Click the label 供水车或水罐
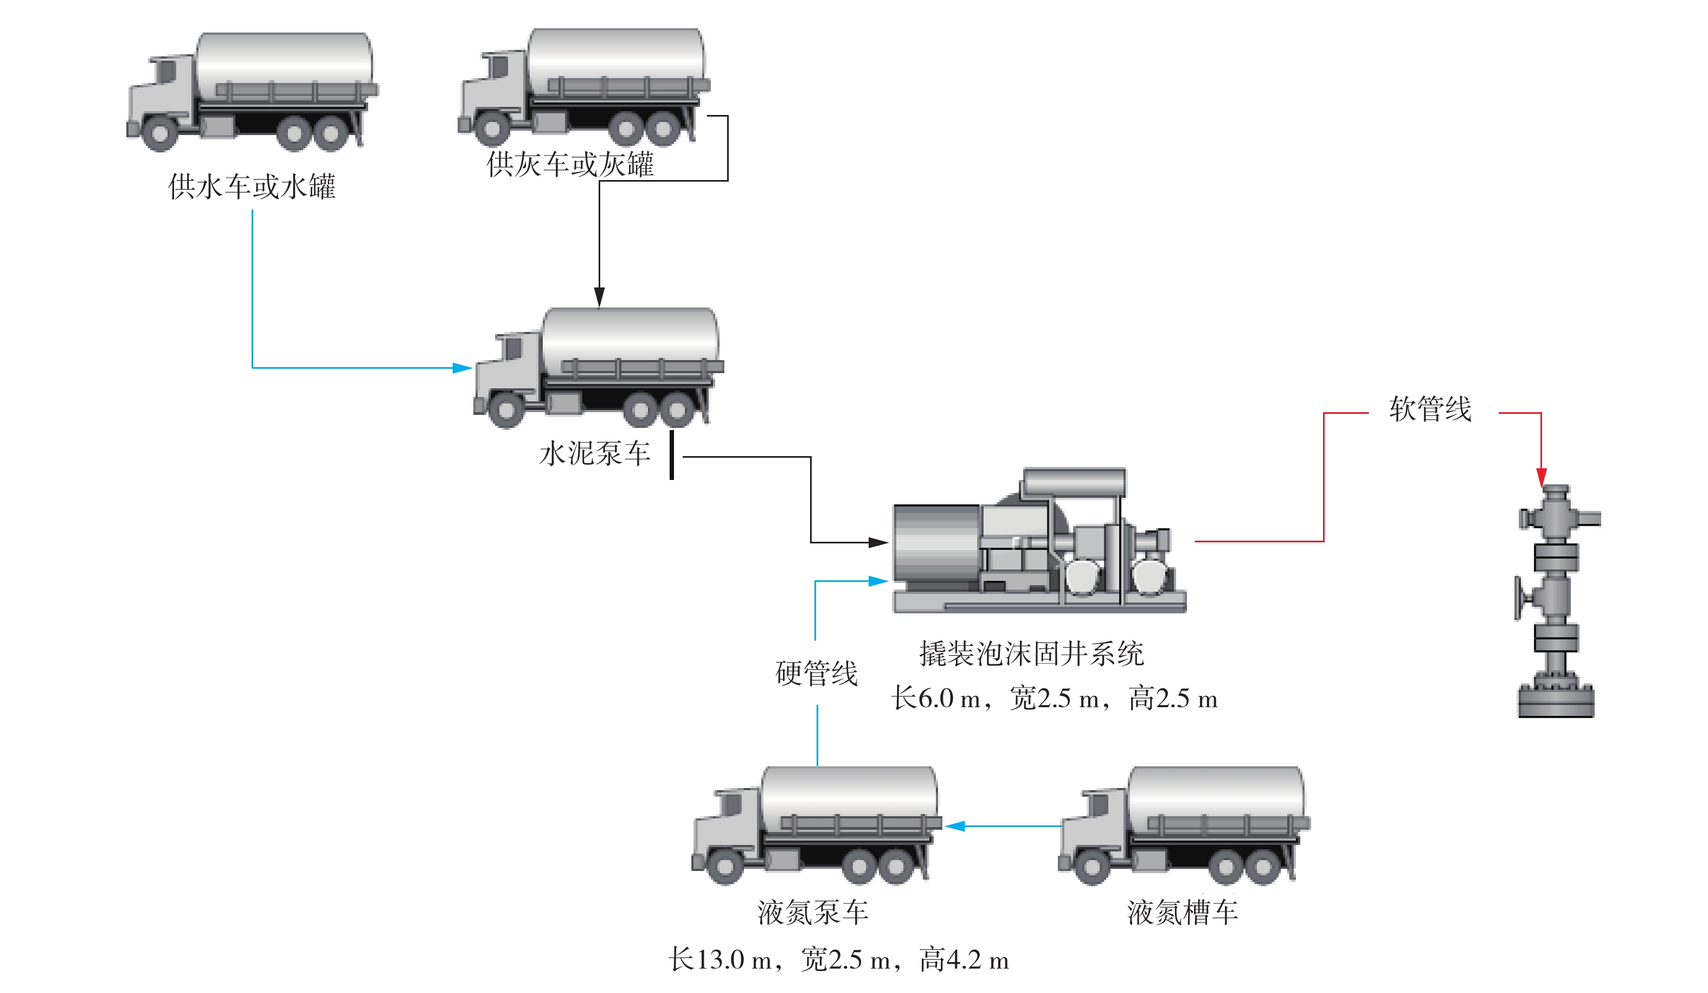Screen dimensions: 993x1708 252,187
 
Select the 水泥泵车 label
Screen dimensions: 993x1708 594,453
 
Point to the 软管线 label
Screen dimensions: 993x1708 1430,409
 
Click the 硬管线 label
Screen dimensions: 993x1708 816,674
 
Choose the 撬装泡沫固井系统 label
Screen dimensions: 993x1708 1031,654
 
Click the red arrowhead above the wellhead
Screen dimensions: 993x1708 1541,477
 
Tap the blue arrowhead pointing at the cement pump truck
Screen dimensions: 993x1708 462,368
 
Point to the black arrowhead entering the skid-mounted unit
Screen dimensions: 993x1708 878,542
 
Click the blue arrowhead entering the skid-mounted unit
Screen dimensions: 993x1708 878,581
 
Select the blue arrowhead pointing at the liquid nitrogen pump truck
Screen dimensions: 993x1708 955,825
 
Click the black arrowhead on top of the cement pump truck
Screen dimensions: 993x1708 599,297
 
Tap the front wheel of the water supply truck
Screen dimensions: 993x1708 160,133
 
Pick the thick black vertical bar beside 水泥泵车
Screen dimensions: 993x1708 672,455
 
